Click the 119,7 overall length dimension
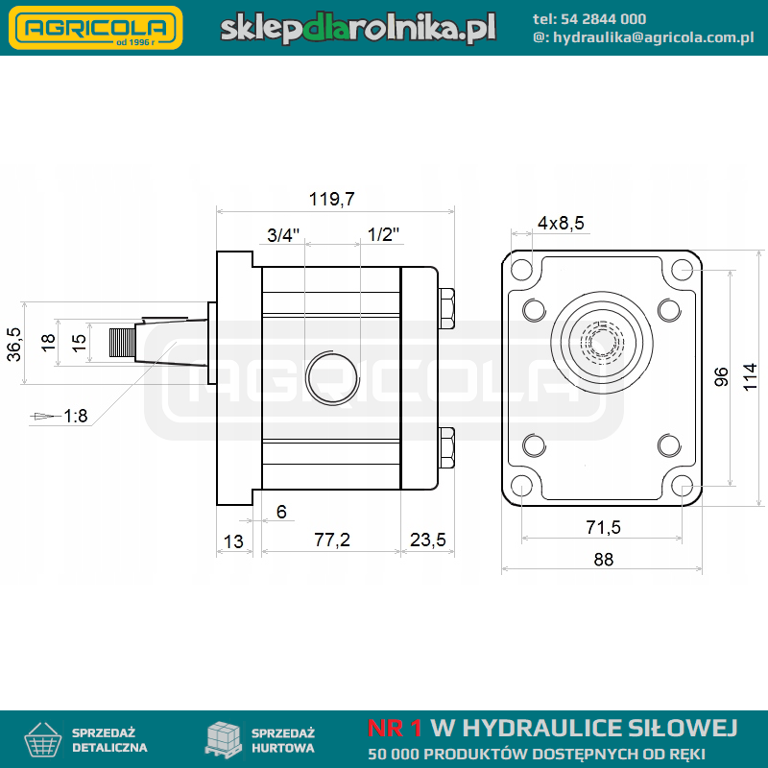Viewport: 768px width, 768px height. point(331,200)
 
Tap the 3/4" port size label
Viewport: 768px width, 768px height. point(283,235)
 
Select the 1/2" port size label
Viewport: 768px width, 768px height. point(383,234)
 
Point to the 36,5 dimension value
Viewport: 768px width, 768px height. point(14,345)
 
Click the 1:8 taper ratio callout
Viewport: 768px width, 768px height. point(76,416)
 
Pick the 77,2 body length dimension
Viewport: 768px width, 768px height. point(332,540)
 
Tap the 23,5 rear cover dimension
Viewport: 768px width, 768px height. point(427,540)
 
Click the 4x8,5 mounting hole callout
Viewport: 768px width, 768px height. point(561,223)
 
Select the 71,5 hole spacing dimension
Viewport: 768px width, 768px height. point(604,527)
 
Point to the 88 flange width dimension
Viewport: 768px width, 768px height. point(604,560)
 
